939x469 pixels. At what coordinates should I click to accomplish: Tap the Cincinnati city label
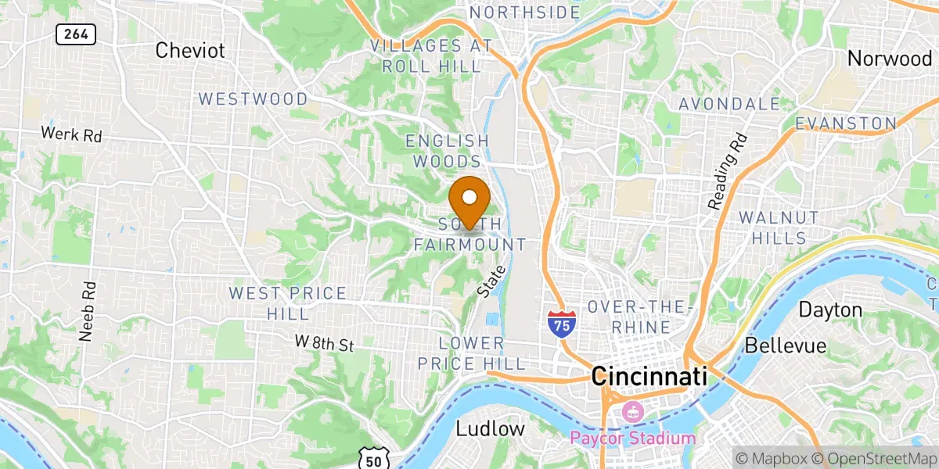(x=649, y=377)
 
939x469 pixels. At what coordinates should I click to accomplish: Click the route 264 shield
(x=75, y=34)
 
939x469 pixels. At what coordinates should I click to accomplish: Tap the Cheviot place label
(x=190, y=51)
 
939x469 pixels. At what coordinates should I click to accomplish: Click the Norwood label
(x=889, y=59)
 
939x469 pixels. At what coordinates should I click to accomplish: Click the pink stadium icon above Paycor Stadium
(x=631, y=410)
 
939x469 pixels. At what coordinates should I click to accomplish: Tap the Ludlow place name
(x=490, y=428)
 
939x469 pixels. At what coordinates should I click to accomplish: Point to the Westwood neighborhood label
(x=253, y=99)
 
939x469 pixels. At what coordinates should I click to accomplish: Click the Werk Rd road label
(x=71, y=134)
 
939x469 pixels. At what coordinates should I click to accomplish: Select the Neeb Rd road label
(x=86, y=311)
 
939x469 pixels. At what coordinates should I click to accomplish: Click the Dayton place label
(x=830, y=310)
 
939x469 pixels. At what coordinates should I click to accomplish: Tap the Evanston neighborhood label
(x=845, y=124)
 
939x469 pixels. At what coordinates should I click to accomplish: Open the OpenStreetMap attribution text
(x=876, y=457)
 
